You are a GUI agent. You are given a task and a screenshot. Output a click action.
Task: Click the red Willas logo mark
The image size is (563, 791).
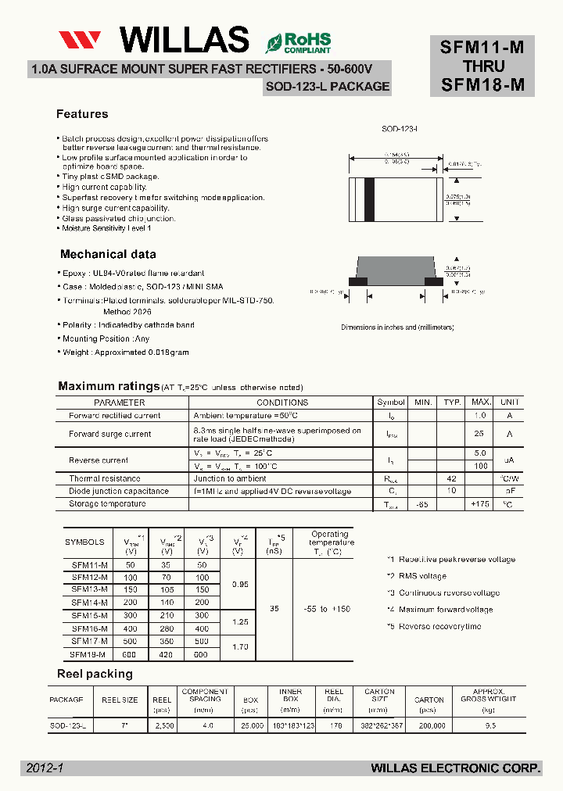[80, 40]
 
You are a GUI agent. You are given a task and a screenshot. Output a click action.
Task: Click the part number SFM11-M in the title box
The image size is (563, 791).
[482, 47]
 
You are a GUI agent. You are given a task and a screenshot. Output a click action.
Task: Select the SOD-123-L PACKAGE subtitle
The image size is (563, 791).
[327, 87]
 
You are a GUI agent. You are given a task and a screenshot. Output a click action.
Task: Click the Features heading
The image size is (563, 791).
[82, 114]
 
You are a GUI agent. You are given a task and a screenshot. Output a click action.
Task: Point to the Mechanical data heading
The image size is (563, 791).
[108, 254]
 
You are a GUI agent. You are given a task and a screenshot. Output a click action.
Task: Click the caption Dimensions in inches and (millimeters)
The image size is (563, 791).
[397, 327]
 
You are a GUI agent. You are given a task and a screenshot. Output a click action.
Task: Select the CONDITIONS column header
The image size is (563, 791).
[282, 403]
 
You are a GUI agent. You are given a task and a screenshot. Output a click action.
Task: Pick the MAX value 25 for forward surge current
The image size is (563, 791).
[480, 434]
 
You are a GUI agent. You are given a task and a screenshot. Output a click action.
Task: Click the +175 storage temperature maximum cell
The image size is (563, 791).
[480, 504]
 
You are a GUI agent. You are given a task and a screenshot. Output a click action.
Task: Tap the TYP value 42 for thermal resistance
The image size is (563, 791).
[451, 478]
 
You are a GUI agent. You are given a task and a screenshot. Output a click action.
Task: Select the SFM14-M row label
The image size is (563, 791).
[89, 603]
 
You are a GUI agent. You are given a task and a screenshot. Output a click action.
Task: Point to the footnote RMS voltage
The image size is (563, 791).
[422, 576]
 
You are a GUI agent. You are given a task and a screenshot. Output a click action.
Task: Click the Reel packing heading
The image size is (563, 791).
[95, 674]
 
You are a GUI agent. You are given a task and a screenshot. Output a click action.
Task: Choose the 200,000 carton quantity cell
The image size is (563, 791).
[429, 726]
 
